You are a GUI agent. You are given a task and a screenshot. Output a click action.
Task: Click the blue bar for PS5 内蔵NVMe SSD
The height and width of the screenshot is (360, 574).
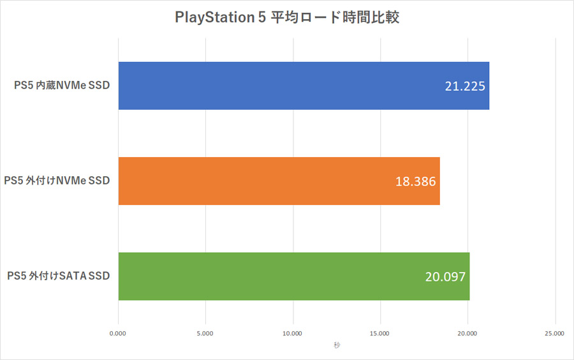(304, 86)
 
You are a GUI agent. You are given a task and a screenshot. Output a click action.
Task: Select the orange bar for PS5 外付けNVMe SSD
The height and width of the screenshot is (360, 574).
(279, 181)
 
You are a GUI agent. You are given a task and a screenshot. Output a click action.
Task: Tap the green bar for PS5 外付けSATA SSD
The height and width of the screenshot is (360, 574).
(294, 276)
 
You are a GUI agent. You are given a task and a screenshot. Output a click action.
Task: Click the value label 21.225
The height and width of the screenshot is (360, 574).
(466, 86)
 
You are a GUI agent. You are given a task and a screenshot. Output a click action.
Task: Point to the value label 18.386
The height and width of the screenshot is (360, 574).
(415, 181)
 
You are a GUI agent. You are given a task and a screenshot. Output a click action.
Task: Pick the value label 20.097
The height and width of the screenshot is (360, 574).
(445, 277)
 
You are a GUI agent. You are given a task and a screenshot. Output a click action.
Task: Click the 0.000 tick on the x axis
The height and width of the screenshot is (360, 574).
(118, 333)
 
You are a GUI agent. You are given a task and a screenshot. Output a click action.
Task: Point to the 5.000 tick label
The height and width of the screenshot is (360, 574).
(205, 333)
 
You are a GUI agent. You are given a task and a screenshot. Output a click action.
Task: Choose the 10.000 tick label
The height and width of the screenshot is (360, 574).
(293, 333)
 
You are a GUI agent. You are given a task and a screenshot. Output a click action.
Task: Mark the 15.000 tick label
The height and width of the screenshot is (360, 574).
(380, 333)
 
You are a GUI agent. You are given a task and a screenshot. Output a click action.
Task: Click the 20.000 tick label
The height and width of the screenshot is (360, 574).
(467, 333)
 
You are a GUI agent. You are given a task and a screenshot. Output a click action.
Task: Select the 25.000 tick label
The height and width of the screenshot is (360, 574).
(554, 333)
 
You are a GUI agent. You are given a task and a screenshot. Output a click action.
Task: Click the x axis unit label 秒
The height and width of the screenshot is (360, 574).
(336, 345)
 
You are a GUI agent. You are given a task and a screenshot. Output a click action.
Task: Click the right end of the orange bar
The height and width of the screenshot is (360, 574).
(439, 181)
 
